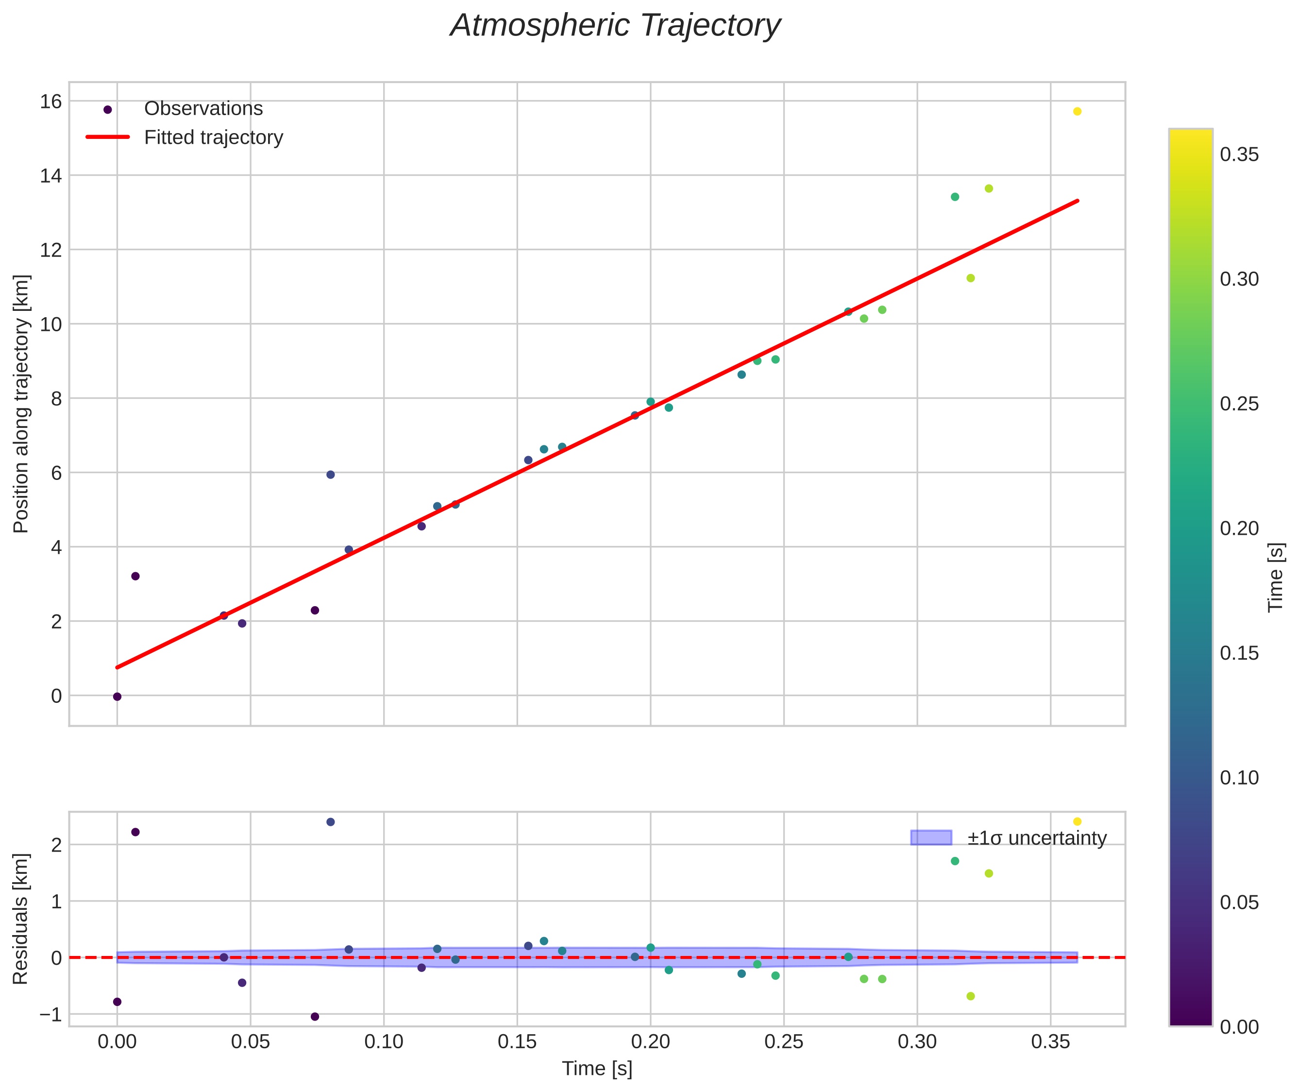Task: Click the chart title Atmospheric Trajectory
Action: (x=615, y=26)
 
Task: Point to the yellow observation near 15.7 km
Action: (x=1077, y=111)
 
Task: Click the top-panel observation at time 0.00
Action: (x=117, y=697)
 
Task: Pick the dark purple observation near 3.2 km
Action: (x=135, y=576)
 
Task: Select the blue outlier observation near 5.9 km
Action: (x=330, y=475)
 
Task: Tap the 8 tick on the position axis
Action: (x=56, y=399)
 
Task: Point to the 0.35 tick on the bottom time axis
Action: (x=1050, y=1042)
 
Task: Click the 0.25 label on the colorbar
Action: (x=1239, y=404)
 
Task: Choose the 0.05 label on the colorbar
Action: (x=1239, y=903)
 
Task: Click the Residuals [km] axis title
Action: (x=20, y=919)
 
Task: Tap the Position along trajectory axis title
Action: (x=20, y=403)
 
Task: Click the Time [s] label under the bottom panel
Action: (x=597, y=1069)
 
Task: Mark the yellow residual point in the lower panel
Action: (x=1077, y=821)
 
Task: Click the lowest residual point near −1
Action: (x=315, y=1016)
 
